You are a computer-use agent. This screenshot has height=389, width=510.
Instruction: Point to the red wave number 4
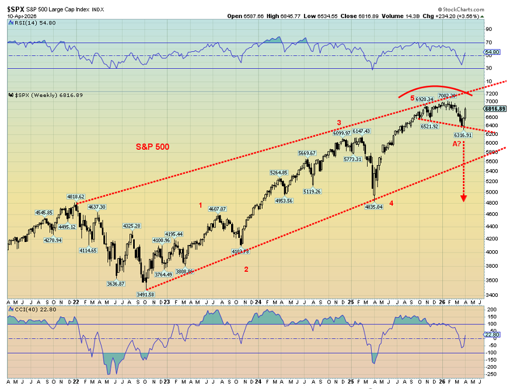[391, 204]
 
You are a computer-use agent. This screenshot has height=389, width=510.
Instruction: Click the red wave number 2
[246, 269]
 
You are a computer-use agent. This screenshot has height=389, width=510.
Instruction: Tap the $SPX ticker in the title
[16, 9]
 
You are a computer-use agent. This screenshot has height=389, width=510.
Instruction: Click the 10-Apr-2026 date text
[22, 16]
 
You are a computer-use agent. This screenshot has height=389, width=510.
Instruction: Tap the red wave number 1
[200, 205]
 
